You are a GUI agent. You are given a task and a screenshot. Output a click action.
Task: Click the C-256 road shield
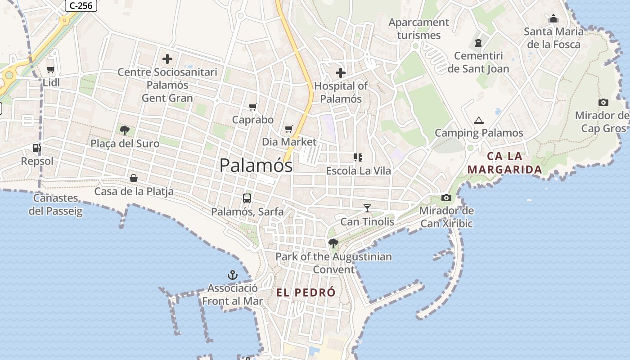coord(81,5)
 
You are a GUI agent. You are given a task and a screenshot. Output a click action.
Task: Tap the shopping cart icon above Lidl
coord(50,69)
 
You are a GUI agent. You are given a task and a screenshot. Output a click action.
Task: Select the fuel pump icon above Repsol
coord(36,148)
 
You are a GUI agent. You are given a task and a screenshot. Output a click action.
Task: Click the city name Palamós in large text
coord(256,165)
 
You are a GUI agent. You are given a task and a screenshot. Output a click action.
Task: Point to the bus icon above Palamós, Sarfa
coord(247,198)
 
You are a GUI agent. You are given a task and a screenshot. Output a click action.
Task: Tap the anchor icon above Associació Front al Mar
coord(232,274)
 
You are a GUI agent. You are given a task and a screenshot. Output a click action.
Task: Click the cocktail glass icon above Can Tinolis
coord(367,208)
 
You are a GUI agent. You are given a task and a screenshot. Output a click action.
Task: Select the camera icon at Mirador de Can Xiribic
coord(446,198)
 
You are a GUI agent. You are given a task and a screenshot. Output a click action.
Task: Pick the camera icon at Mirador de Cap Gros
coord(603,102)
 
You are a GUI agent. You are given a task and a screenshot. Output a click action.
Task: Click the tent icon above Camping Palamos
coord(478,120)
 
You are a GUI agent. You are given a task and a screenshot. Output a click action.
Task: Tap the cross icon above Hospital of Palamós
coord(341,72)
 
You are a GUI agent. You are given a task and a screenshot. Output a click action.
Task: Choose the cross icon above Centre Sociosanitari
coord(167,59)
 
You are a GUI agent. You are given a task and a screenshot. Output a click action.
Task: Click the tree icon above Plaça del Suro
coord(125,130)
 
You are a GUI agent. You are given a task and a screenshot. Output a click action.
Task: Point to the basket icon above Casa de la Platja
coord(134,178)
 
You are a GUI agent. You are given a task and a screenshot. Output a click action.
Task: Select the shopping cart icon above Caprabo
coord(253,107)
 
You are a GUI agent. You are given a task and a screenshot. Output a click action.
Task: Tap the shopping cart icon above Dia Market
coord(289,129)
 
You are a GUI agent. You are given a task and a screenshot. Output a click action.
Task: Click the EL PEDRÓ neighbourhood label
coord(306,292)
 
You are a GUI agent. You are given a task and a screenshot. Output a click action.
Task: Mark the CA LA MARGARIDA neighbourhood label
coord(504,163)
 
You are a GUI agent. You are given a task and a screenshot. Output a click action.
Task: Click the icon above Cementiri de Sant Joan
coord(478,43)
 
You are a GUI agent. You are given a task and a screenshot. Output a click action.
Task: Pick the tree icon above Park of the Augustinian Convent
coord(333,243)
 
